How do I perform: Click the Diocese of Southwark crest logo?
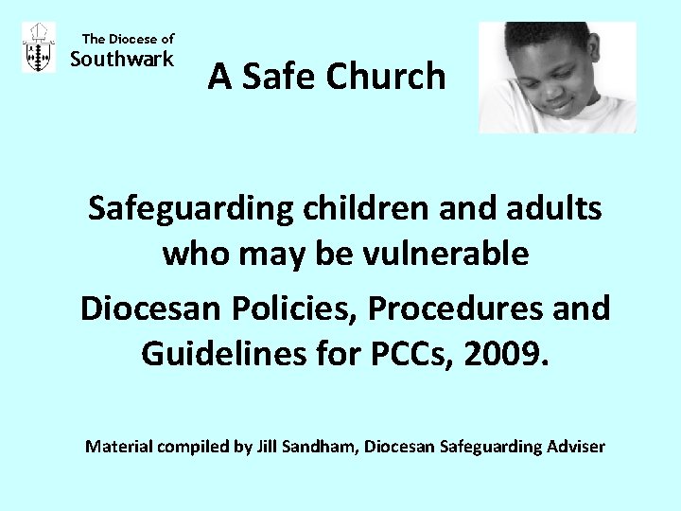coord(39,48)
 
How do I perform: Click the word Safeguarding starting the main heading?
coord(191,209)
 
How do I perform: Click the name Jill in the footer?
coord(268,446)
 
